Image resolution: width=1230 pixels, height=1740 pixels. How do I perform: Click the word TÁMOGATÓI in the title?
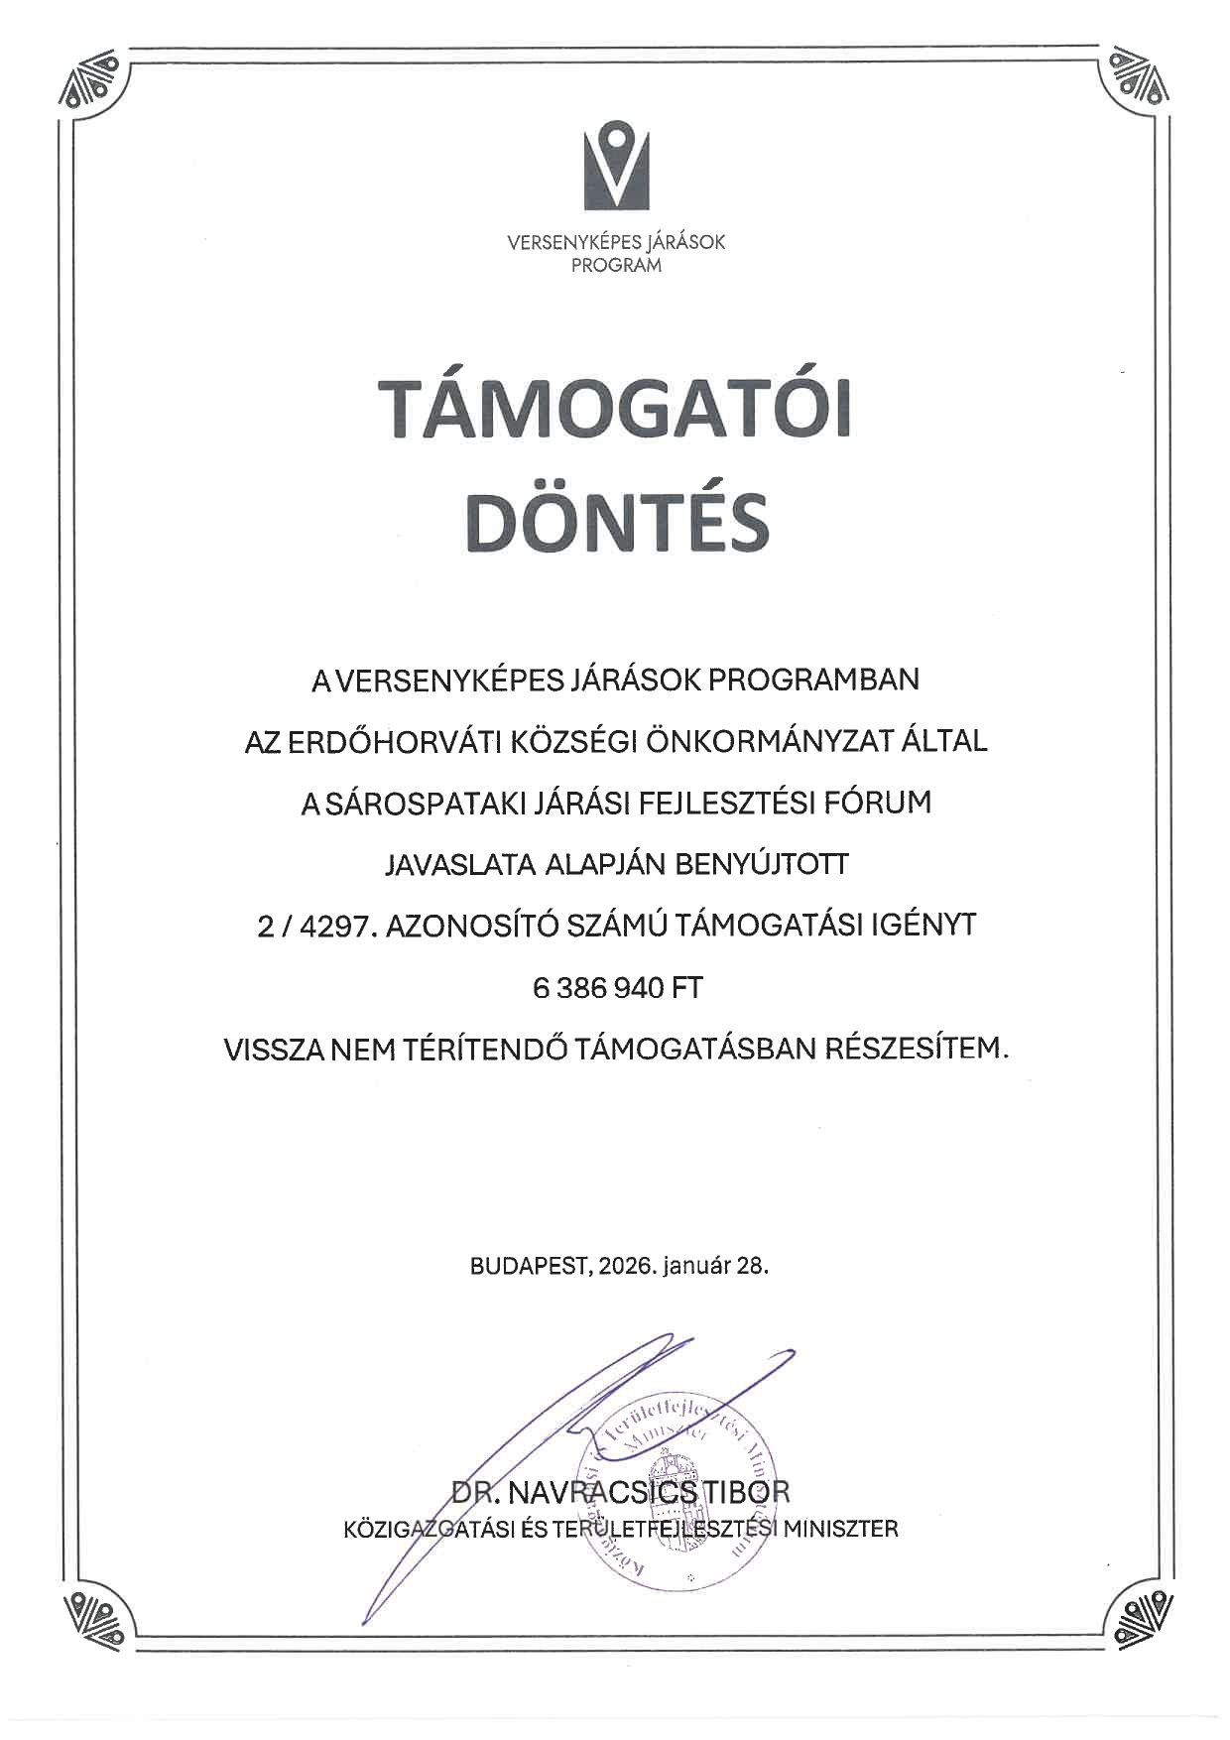click(x=615, y=408)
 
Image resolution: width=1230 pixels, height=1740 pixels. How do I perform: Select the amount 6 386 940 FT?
click(x=617, y=988)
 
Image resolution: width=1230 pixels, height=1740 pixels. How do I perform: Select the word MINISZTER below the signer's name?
click(x=840, y=1529)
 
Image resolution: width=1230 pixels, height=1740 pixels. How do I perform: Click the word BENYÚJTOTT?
click(x=762, y=864)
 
